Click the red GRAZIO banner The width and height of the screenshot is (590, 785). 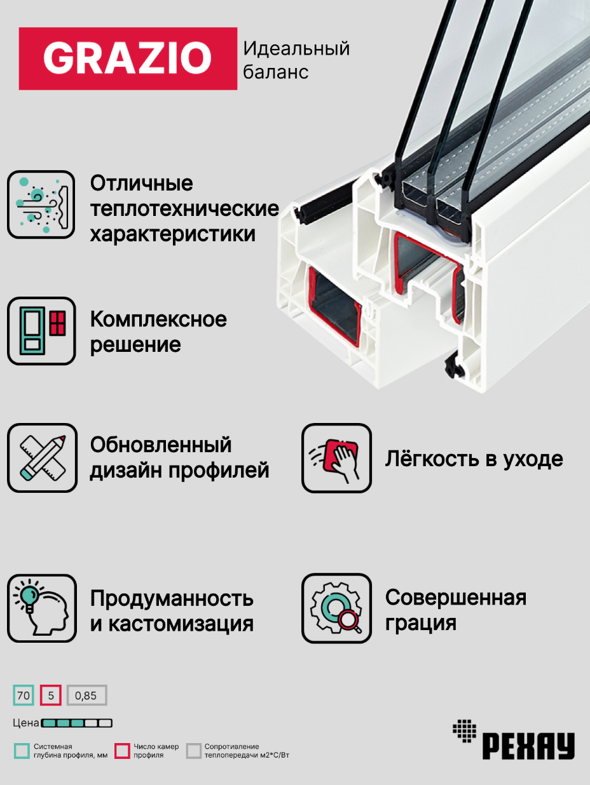point(128,58)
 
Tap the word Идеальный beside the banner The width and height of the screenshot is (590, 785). point(296,48)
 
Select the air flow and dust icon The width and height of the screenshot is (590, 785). point(41,205)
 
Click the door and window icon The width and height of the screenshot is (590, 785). point(41,331)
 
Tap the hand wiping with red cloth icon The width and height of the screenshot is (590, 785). point(336,458)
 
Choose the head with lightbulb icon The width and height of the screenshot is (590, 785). point(41,608)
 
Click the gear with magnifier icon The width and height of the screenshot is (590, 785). point(336,608)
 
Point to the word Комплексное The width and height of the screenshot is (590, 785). point(158,319)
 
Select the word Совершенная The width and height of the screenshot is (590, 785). point(455,598)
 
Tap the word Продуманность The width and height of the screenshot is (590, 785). point(172,598)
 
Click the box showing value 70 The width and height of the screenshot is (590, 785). point(24,695)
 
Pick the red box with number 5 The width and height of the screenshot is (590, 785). point(51,695)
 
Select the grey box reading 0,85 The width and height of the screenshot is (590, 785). point(86,695)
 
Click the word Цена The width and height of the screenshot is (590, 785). point(25,723)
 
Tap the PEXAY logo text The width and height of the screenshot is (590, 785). point(528,746)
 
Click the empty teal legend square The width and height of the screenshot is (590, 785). point(22,751)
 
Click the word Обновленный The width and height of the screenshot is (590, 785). point(161,445)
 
